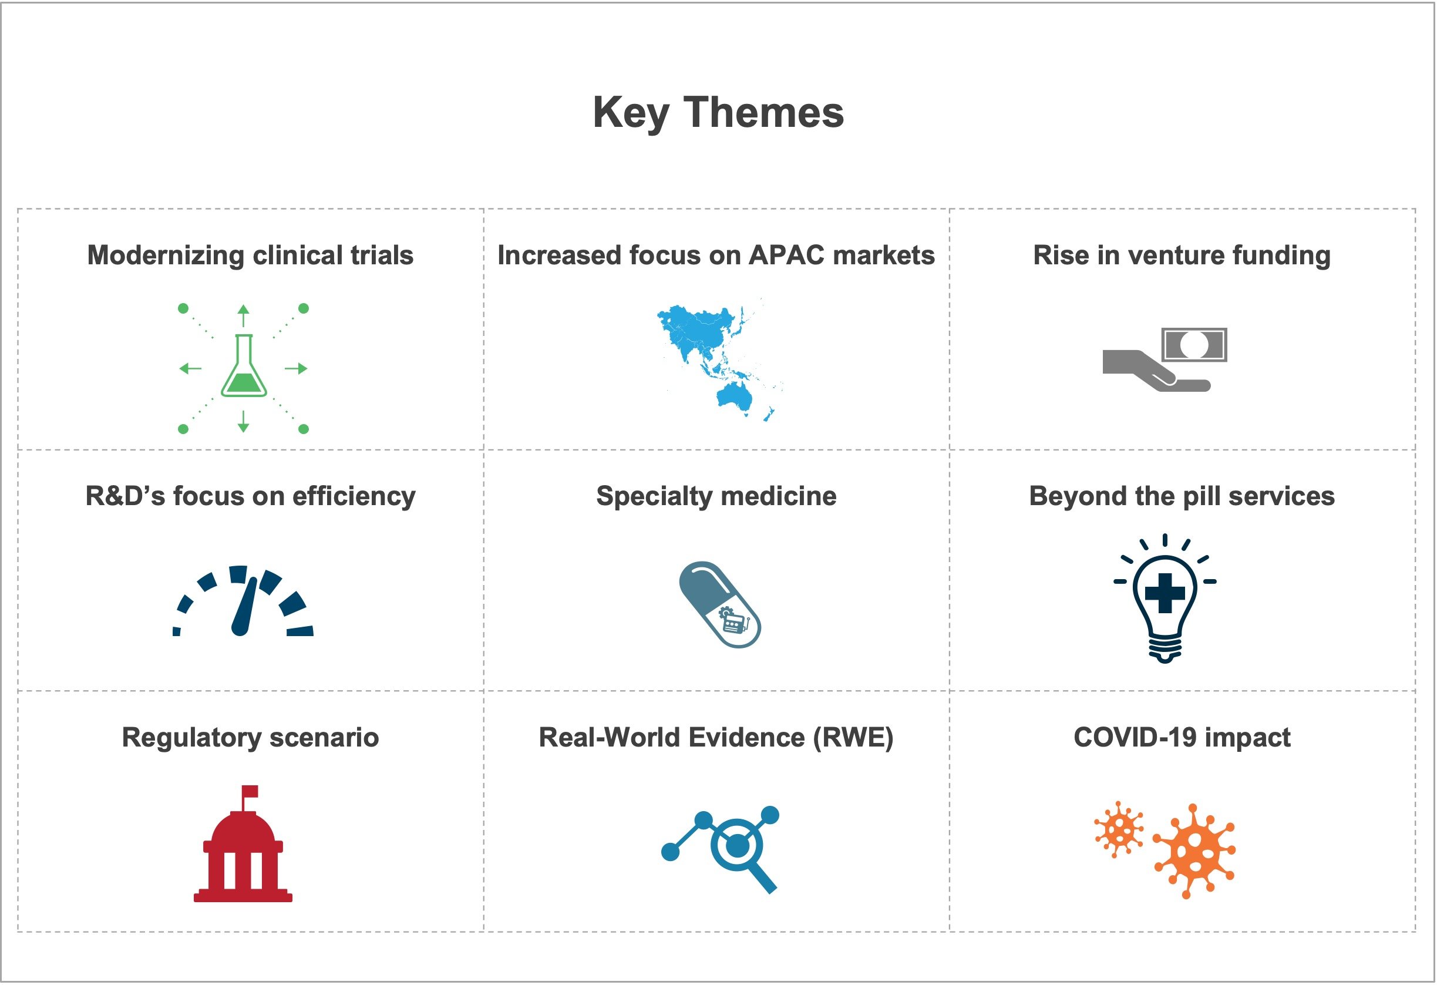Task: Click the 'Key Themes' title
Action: [x=718, y=113]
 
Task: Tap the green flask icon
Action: [x=244, y=365]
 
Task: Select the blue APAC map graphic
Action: [x=720, y=361]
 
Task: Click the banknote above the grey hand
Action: [x=1194, y=344]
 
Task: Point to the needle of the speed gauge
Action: [x=244, y=607]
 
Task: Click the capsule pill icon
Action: [x=720, y=604]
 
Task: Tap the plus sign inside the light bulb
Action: [x=1165, y=593]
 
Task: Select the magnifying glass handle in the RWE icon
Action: [x=764, y=879]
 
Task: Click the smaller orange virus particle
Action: [x=1119, y=830]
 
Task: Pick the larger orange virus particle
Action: [x=1194, y=852]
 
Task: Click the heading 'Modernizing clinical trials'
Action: [x=250, y=256]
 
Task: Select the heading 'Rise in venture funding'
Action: [x=1182, y=256]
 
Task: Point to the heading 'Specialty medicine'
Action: [x=716, y=496]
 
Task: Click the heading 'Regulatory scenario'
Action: [x=250, y=738]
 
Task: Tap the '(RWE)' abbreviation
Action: [x=853, y=738]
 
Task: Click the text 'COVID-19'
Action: [x=1134, y=737]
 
